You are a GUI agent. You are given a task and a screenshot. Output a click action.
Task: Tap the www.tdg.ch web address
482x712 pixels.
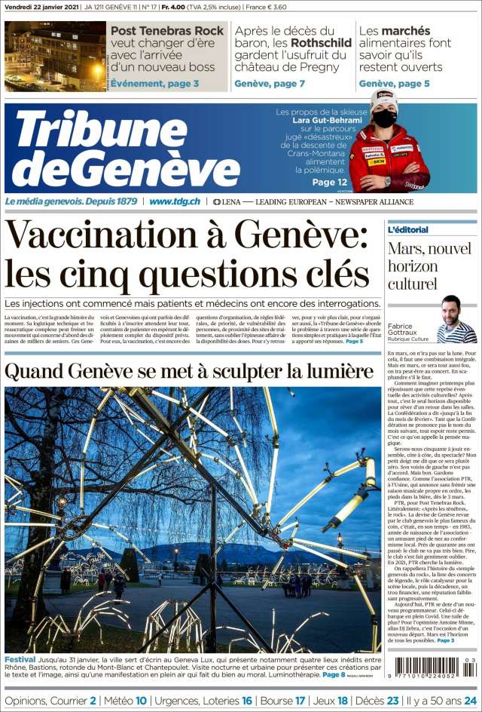tap(175, 201)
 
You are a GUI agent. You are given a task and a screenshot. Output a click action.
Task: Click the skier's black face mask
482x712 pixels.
tap(384, 118)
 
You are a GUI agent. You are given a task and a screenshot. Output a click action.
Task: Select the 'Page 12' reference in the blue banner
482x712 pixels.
tap(330, 182)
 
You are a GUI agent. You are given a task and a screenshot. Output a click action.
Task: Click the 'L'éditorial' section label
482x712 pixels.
tap(408, 229)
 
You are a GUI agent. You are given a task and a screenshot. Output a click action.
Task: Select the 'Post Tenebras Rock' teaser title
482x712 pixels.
tap(168, 31)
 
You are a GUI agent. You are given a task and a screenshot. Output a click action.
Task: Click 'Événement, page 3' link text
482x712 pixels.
tap(155, 84)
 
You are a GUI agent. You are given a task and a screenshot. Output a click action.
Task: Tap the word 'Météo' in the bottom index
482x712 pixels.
tap(115, 701)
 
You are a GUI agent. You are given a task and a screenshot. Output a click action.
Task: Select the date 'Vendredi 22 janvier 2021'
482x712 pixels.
tap(39, 8)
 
